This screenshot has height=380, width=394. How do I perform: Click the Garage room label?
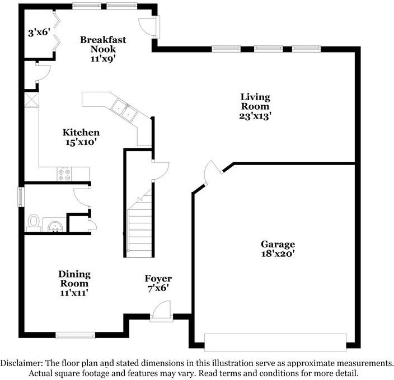point(278,245)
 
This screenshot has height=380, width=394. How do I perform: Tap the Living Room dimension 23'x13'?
point(255,116)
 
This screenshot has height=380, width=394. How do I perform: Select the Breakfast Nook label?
point(103,44)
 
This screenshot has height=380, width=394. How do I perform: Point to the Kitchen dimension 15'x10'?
point(82,142)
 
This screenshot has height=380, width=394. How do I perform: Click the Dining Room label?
point(74,279)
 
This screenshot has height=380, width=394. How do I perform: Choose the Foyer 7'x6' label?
point(158,283)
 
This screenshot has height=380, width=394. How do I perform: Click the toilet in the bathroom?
point(34,222)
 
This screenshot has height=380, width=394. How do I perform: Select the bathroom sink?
point(54,226)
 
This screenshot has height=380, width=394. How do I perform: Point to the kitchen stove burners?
point(64,174)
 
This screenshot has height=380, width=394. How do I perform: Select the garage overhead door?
point(275,342)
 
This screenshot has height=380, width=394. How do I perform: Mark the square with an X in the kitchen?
point(31,101)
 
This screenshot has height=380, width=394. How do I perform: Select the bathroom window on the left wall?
point(21,196)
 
